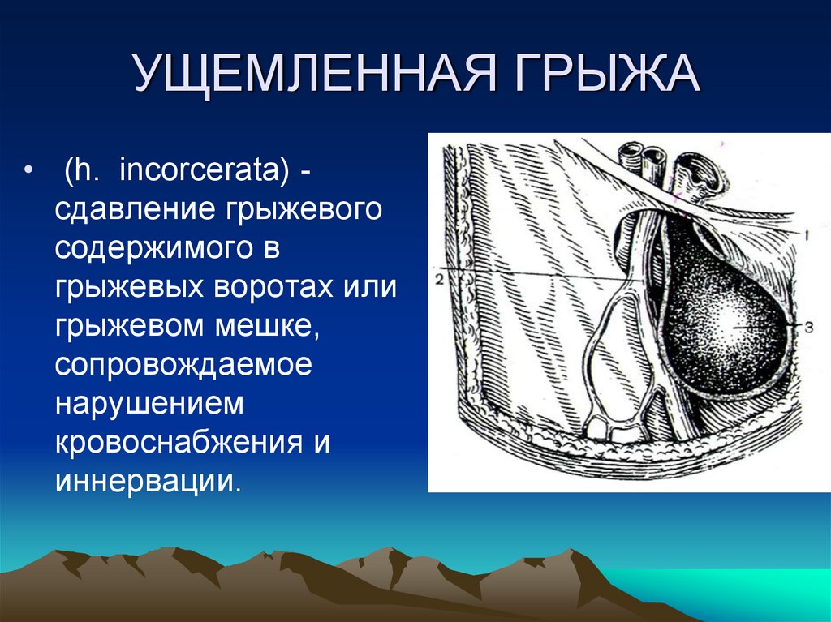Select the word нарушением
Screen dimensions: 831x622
click(149, 404)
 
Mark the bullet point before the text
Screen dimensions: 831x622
click(28, 171)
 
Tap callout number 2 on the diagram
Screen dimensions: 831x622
click(439, 279)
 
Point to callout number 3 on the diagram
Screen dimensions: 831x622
click(809, 328)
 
